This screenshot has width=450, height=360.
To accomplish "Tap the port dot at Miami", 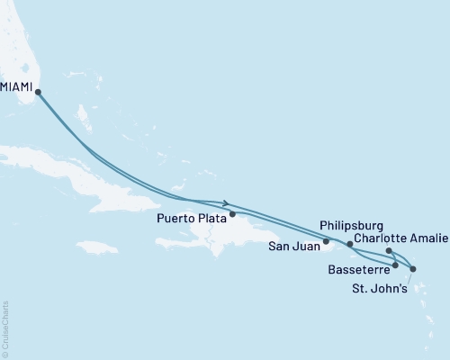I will [38, 91].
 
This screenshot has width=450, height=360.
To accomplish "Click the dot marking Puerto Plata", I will [232, 214].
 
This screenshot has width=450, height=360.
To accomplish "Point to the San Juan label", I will [294, 243].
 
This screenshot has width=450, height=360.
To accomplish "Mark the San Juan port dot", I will [326, 241].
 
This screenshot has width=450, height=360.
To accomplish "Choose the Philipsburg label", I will [352, 225].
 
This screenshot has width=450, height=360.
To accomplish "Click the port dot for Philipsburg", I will [350, 244].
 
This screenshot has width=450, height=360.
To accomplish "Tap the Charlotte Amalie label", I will [396, 238].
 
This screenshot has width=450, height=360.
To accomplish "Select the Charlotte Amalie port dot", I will [388, 251].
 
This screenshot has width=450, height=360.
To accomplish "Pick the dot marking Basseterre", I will [395, 265].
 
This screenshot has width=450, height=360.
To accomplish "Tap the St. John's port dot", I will [412, 269].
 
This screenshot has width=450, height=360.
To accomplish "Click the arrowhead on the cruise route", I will [225, 202].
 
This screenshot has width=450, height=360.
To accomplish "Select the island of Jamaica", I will [97, 246].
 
